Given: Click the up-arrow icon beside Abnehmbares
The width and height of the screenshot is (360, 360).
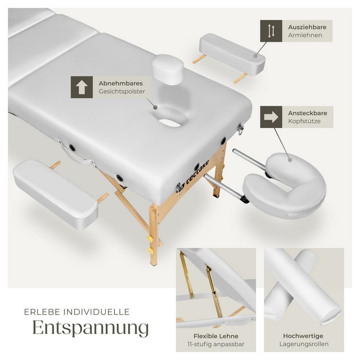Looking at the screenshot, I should click(x=81, y=87).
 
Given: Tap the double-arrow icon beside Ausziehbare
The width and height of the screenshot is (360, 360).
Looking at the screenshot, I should click(x=271, y=31).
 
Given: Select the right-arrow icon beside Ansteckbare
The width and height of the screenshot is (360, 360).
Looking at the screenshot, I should click(x=271, y=117).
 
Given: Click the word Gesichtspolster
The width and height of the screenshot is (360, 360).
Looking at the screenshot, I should click(x=122, y=92).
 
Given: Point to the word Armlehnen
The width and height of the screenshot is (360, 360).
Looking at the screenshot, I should click(x=305, y=35).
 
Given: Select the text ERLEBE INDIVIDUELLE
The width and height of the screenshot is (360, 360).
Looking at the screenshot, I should click(x=77, y=312).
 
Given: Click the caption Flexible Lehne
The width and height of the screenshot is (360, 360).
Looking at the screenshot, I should click(x=216, y=336).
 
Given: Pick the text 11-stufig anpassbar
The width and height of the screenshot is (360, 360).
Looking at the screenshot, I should click(x=216, y=344).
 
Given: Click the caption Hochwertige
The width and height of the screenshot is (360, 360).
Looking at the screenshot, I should click(x=304, y=336).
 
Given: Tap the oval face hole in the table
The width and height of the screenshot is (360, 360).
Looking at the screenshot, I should click(x=171, y=121).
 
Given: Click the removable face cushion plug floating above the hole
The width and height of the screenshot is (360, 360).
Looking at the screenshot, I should click(x=167, y=70).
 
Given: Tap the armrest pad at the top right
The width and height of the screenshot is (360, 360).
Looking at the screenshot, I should click(x=232, y=53).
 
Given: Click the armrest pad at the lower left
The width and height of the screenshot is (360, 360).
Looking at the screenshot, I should click(x=55, y=193).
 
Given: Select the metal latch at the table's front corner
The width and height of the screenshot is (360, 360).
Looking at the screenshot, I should click(x=179, y=189).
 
